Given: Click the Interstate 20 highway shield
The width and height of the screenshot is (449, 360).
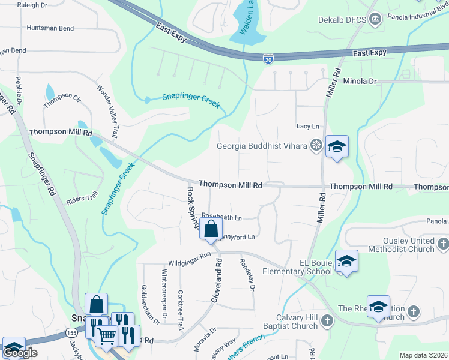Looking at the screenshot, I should [x=268, y=58].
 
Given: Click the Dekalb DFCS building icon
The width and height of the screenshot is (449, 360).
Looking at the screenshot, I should [x=375, y=18].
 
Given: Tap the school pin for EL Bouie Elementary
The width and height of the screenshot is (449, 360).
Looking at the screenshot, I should [x=346, y=261].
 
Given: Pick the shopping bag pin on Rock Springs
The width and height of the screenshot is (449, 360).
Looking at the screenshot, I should [x=211, y=229].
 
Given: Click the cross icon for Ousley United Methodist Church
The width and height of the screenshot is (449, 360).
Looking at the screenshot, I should [x=443, y=244].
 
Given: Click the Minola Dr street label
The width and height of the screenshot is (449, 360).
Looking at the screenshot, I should [x=360, y=80].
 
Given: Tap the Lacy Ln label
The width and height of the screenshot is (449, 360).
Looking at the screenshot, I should [x=308, y=126].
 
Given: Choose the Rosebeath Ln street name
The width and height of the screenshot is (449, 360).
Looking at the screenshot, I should [x=221, y=216].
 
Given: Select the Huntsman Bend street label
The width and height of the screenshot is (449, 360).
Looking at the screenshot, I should [x=50, y=28].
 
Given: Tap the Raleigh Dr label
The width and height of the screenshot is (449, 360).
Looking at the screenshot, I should [x=24, y=5].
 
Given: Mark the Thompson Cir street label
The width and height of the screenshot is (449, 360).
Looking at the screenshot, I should [x=62, y=100].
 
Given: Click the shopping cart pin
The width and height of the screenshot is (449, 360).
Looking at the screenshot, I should [x=106, y=338].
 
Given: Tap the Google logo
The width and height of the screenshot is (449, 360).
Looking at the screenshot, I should [x=20, y=353].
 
